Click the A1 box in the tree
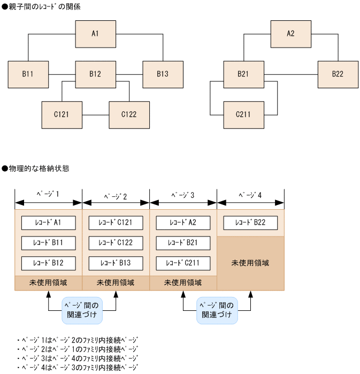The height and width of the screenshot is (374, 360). [95, 34]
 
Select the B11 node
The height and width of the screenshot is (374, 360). [28, 74]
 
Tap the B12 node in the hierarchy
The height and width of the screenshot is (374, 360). [95, 74]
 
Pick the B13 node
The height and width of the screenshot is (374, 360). [163, 74]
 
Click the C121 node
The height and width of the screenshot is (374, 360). [62, 115]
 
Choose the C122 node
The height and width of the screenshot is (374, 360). [129, 115]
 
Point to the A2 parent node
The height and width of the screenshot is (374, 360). [290, 34]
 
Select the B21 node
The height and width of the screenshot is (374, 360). [243, 74]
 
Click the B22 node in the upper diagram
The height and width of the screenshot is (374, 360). [338, 74]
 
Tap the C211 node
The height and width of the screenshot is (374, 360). [243, 115]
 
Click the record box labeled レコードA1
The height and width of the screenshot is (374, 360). [48, 223]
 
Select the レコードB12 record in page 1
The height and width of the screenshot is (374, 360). [48, 263]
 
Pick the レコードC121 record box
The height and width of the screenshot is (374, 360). [116, 223]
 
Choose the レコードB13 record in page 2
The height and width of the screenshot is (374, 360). [116, 263]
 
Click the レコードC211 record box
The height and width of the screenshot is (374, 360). [183, 263]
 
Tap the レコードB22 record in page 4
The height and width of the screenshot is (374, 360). [250, 223]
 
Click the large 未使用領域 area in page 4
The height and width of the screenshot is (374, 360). [250, 263]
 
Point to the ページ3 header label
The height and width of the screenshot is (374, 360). [183, 195]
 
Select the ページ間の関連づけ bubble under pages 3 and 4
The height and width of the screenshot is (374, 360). [217, 310]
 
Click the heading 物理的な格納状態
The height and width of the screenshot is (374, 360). [38, 168]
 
